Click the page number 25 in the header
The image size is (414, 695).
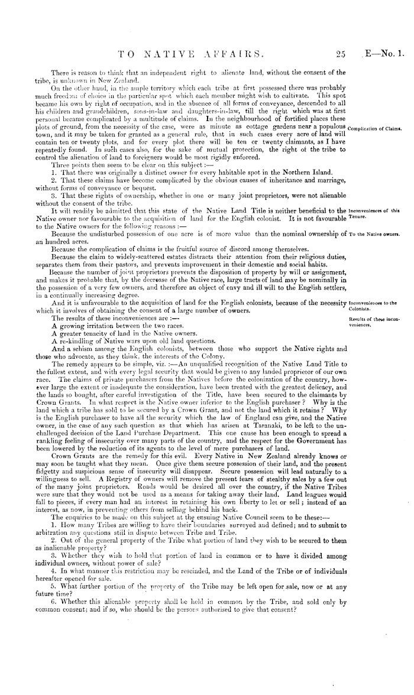(x=339, y=56)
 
